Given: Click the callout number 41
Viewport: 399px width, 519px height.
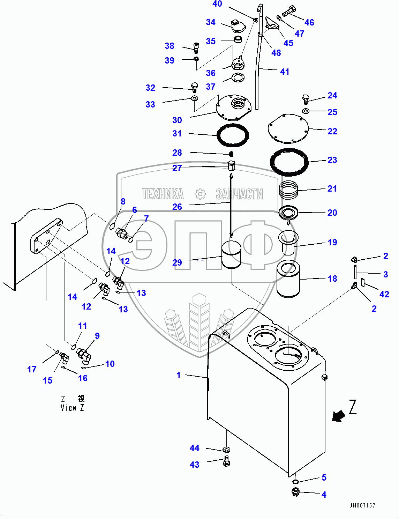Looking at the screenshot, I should click(285, 72).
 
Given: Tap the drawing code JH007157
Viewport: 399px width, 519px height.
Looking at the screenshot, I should click(362, 505).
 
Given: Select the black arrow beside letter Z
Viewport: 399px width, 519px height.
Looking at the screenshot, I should click(338, 416).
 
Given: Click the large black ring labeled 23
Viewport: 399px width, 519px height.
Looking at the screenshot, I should click(289, 162).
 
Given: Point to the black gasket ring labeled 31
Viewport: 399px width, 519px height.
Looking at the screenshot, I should click(233, 135).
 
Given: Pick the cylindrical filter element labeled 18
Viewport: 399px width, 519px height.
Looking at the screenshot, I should click(288, 279).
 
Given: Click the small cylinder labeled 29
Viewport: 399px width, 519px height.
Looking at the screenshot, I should click(231, 256).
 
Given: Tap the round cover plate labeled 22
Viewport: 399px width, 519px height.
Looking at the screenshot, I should click(288, 128).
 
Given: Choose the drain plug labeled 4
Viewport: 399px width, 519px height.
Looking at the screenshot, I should click(296, 492).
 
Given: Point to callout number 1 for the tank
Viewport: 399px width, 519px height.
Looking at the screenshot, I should click(179, 375).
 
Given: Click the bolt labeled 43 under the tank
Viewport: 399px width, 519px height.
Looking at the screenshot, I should click(226, 462).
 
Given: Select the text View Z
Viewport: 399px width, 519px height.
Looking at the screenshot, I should click(72, 408).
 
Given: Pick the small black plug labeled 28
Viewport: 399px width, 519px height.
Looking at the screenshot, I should click(231, 154).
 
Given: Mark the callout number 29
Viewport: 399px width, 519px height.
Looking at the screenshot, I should click(177, 262).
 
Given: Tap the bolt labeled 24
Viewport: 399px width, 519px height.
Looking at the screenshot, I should click(306, 99).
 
